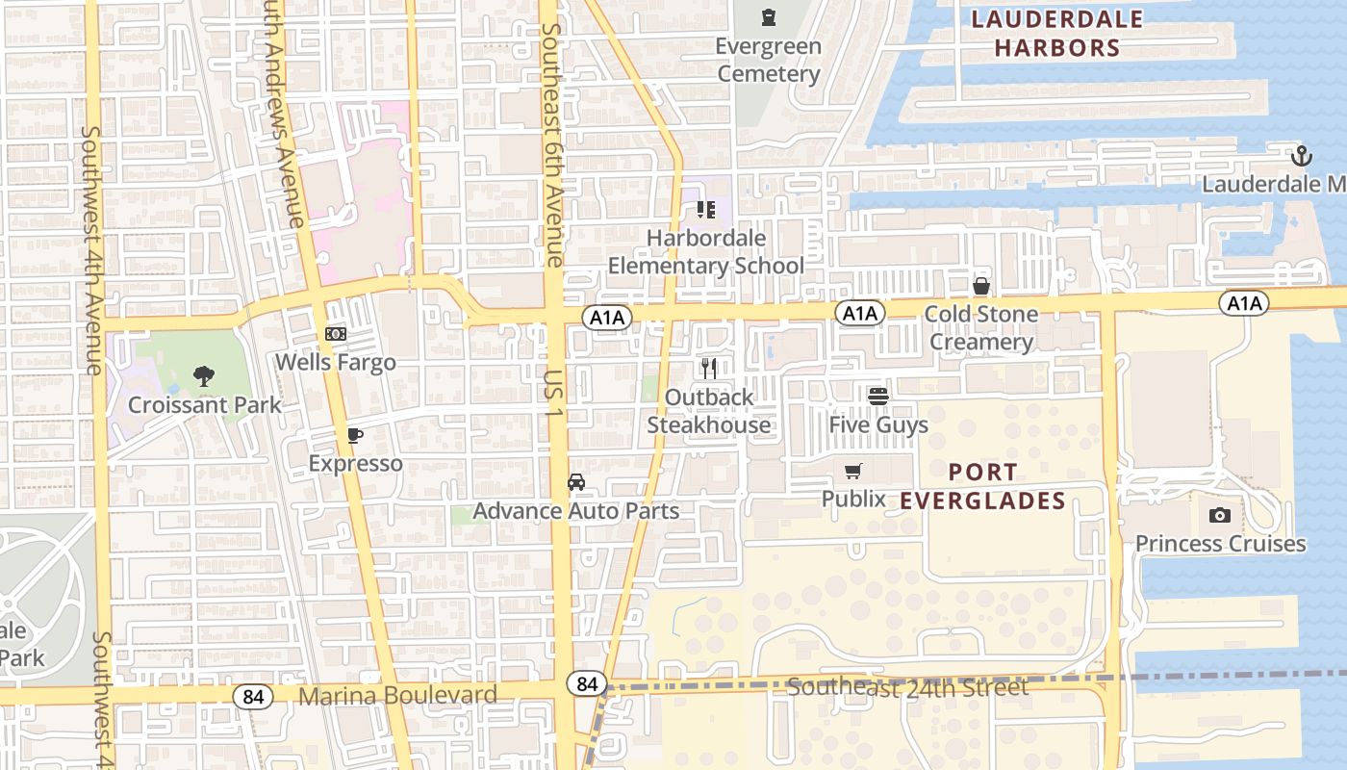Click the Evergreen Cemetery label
pos(768,60)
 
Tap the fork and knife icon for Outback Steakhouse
pos(709,368)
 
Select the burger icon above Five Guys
pos(877,396)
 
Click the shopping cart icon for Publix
pos(852,471)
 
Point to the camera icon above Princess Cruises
pos(1219,515)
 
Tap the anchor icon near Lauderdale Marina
pos(1301,155)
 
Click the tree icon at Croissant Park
pos(203,375)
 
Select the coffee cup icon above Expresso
pos(354,435)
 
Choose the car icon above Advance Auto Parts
pos(575,482)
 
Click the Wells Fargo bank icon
pos(335,333)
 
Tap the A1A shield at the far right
pos(1243,304)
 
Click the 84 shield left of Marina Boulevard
pos(252,696)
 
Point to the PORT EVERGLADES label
pos(982,486)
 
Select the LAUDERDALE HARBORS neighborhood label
pos(1056,33)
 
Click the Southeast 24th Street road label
pos(907,687)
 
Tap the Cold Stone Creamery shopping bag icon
pos(980,286)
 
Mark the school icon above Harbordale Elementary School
pos(706,209)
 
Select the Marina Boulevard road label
pos(398,695)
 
